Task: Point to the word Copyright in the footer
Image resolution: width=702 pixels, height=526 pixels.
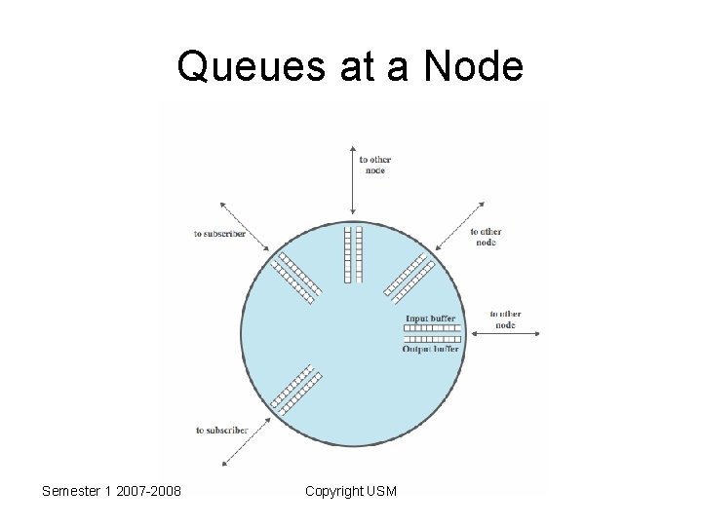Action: pyautogui.click(x=333, y=491)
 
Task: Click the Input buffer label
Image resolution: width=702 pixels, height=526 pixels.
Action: pyautogui.click(x=430, y=319)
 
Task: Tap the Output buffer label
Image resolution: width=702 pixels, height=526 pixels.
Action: pyautogui.click(x=430, y=349)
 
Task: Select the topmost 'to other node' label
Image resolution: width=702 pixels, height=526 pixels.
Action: pyautogui.click(x=375, y=165)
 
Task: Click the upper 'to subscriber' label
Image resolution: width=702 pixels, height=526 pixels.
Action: pyautogui.click(x=220, y=234)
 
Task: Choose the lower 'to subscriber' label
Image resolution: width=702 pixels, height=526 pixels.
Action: pyautogui.click(x=222, y=430)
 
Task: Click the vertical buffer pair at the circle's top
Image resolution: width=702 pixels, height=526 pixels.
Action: pyautogui.click(x=353, y=254)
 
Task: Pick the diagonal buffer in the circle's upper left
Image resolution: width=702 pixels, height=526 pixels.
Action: pyautogui.click(x=295, y=276)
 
